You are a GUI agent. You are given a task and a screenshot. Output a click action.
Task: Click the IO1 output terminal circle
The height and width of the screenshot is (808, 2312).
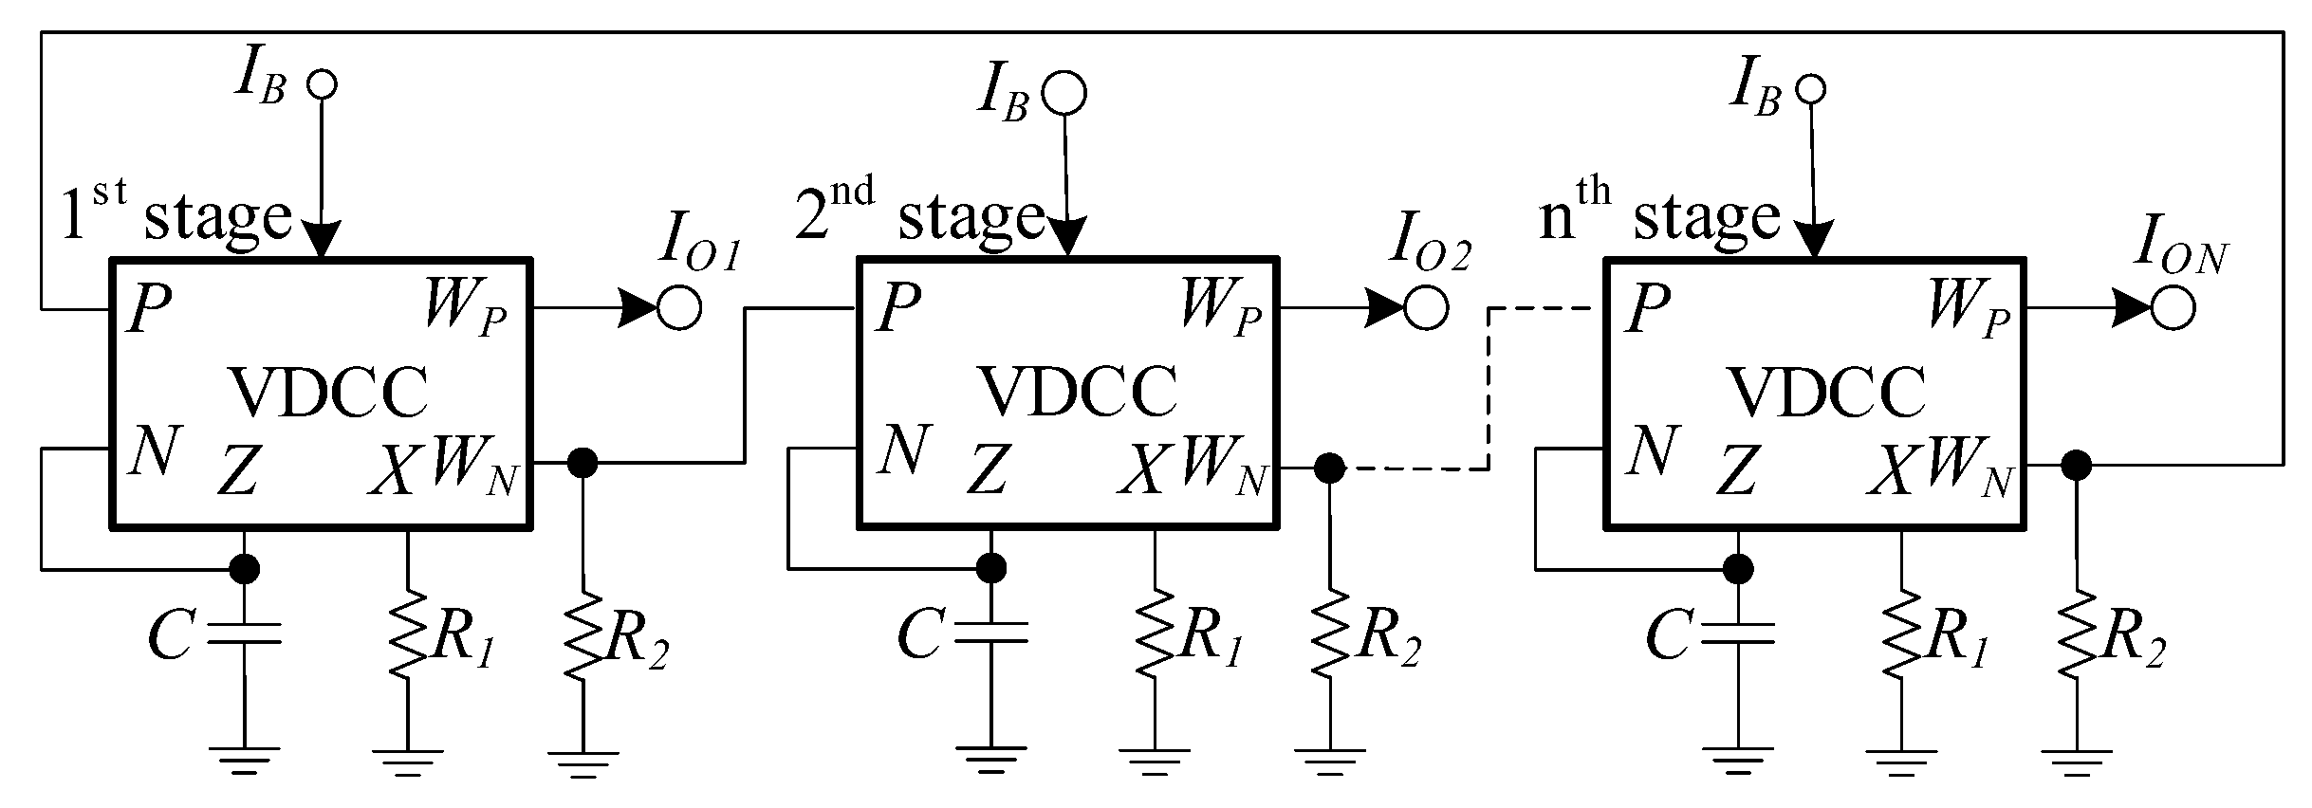pyautogui.click(x=679, y=308)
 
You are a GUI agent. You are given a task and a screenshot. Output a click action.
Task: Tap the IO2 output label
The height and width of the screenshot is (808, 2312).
pyautogui.click(x=1430, y=245)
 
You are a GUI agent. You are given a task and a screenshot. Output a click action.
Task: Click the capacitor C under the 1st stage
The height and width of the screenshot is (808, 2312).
pyautogui.click(x=244, y=634)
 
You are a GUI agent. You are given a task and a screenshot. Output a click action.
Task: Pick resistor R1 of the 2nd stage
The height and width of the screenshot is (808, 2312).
pyautogui.click(x=1155, y=634)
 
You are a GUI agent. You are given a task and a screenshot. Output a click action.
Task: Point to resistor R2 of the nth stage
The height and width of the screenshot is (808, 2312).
pyautogui.click(x=2077, y=634)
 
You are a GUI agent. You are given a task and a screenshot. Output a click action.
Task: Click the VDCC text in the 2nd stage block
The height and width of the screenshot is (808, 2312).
pyautogui.click(x=1079, y=392)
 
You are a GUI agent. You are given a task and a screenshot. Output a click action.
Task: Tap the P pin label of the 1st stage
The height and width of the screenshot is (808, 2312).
pyautogui.click(x=149, y=309)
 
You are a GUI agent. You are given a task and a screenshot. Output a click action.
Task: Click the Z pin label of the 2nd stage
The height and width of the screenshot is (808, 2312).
pyautogui.click(x=987, y=470)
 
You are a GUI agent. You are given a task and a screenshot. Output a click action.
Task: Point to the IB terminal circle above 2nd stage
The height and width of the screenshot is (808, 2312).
pyautogui.click(x=1064, y=93)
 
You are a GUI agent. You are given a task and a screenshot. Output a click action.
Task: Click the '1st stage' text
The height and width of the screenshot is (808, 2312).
pyautogui.click(x=176, y=216)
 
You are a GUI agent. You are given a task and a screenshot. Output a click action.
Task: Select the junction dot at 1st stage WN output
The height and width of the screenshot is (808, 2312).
pyautogui.click(x=582, y=463)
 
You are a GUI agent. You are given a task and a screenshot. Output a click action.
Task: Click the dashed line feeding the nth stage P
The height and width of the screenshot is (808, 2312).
pyautogui.click(x=1488, y=389)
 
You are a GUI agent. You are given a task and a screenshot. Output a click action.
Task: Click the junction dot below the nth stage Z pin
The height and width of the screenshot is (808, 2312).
pyautogui.click(x=1738, y=569)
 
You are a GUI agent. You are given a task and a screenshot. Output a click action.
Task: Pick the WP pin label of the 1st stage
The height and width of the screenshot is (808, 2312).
pyautogui.click(x=465, y=309)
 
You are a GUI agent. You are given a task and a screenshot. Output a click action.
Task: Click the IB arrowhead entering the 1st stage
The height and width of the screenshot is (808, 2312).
pyautogui.click(x=322, y=240)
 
